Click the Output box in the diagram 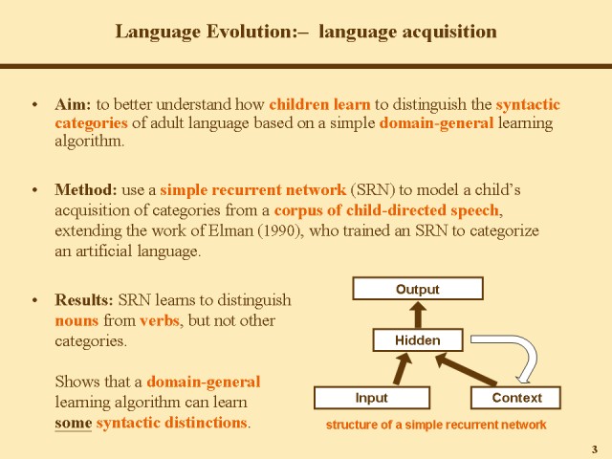[x=418, y=289]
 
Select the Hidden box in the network [x=418, y=340]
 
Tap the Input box [x=372, y=398]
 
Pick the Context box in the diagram [x=515, y=398]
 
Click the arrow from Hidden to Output [x=418, y=315]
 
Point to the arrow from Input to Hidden [x=403, y=369]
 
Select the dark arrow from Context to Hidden [x=466, y=369]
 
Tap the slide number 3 [x=595, y=449]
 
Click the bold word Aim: [x=73, y=104]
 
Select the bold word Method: [x=86, y=189]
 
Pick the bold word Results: [x=84, y=299]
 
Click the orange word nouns [x=76, y=321]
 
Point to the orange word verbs [x=160, y=321]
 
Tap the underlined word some [x=74, y=423]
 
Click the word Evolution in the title [x=251, y=32]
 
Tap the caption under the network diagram [x=436, y=425]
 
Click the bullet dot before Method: [x=35, y=190]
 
